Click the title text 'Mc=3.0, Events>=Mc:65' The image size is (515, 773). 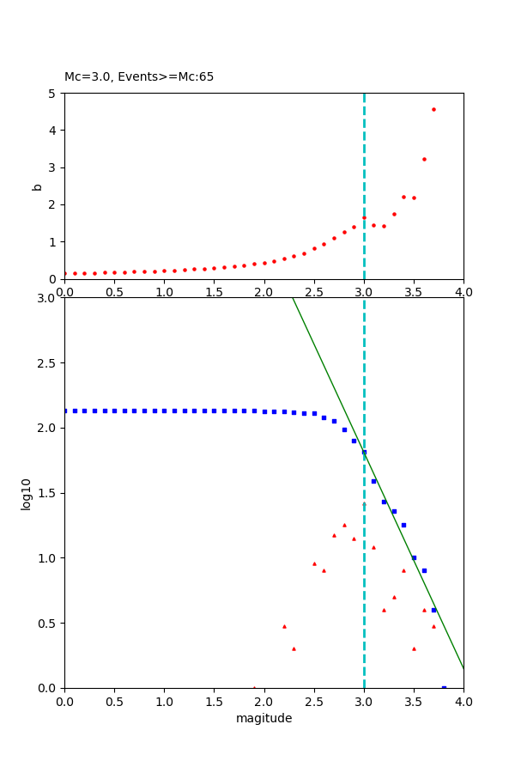point(139,77)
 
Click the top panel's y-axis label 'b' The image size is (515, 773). point(37,186)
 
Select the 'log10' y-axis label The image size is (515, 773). point(27,494)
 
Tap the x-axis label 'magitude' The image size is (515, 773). point(264,719)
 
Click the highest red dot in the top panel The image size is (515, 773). point(433,109)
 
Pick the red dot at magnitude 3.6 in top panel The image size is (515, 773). point(424,159)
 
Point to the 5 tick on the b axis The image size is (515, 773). point(54,94)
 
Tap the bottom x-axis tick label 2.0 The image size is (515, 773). point(264,701)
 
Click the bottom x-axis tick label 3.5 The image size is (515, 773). point(414,701)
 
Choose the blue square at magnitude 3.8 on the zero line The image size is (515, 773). point(444,687)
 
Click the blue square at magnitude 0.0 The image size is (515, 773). point(65,411)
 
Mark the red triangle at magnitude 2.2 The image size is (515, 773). point(284,626)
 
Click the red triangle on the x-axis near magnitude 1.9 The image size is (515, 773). point(254,687)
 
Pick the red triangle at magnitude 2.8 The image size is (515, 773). point(344,525)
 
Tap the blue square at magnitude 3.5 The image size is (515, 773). point(414,557)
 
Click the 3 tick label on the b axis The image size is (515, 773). point(54,167)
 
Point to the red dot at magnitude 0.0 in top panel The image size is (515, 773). point(65,273)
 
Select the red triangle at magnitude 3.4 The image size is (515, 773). point(403,570)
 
